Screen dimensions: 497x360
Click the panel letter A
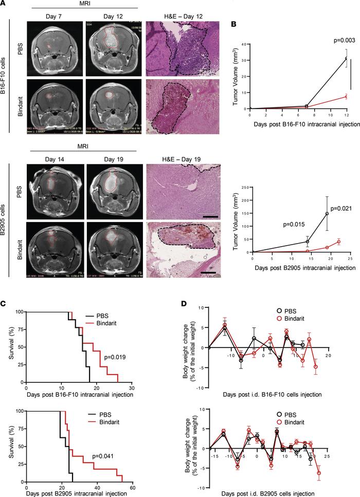(x=5, y=4)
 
